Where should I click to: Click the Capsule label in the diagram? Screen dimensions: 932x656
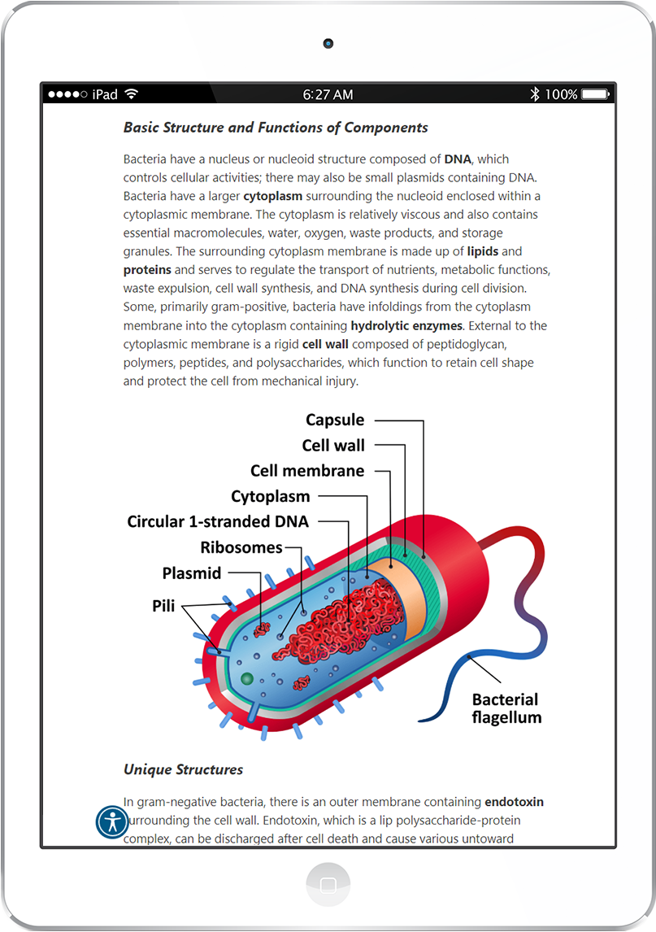click(x=335, y=420)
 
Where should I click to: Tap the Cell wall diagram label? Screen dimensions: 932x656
click(x=333, y=445)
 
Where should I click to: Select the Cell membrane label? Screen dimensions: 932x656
click(x=307, y=471)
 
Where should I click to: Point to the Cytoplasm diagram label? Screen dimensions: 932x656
click(x=271, y=496)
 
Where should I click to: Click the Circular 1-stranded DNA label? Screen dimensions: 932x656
click(x=218, y=521)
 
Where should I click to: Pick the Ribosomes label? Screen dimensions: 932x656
click(x=241, y=547)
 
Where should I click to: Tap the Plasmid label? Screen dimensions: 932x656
click(x=192, y=573)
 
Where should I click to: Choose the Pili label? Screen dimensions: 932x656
click(x=164, y=606)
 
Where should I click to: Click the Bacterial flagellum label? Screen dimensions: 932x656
click(x=506, y=708)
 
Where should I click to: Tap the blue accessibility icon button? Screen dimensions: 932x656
click(x=112, y=821)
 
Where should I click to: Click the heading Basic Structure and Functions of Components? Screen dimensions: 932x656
click(x=276, y=128)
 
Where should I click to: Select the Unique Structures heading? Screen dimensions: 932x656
click(x=183, y=769)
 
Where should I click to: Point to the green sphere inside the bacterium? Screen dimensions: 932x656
click(x=247, y=678)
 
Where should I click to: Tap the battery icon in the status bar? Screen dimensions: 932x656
click(x=596, y=94)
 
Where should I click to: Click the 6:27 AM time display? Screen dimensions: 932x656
click(x=328, y=94)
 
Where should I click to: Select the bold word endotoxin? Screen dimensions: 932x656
click(x=514, y=802)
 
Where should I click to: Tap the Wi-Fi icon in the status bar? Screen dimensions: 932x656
click(x=132, y=94)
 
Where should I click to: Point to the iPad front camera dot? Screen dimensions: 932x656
click(x=328, y=42)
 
